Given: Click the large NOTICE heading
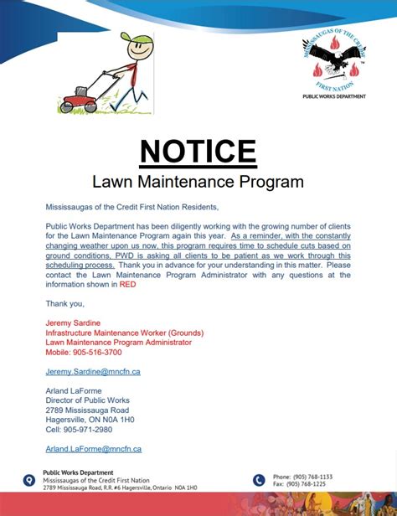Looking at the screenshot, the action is click(x=198, y=151).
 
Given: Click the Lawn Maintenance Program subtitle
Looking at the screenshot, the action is click(x=198, y=180).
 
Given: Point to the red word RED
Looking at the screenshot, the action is click(x=127, y=285).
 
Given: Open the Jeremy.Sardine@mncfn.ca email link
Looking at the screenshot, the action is click(x=93, y=370).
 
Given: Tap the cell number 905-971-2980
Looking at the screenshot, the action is click(x=79, y=430).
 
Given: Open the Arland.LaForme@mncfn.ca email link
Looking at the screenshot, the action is click(x=93, y=449).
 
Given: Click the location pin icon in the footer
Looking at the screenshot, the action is click(x=29, y=481).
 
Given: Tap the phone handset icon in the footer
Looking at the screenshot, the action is click(x=259, y=481).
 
